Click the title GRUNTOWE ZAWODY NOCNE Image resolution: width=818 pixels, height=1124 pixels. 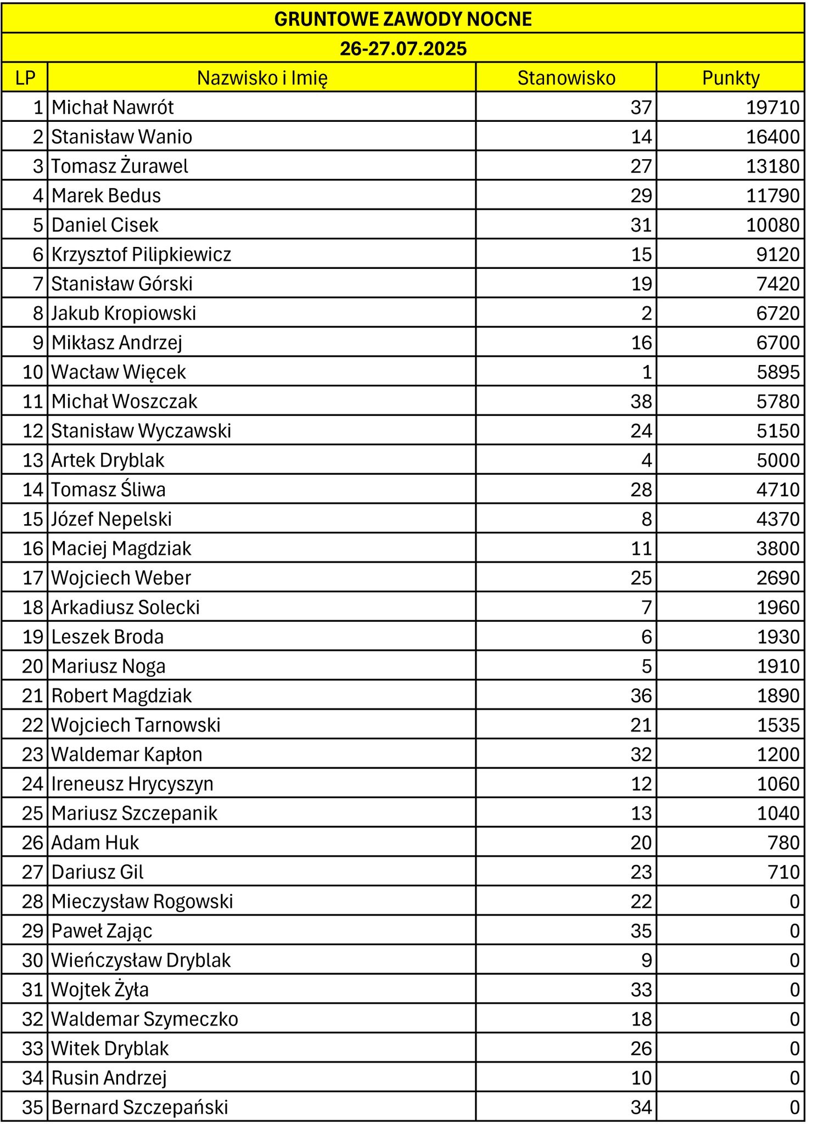(403, 19)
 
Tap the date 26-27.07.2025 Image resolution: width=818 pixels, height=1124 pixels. (403, 49)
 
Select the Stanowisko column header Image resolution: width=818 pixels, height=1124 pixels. (566, 78)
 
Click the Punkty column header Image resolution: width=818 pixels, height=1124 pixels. (730, 78)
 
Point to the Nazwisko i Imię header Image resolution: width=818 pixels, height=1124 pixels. (262, 78)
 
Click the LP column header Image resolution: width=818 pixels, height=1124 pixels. (25, 78)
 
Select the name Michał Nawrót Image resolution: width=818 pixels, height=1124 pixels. (113, 108)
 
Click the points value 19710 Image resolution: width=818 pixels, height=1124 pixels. (772, 108)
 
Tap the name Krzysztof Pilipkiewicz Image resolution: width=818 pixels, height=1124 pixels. (141, 255)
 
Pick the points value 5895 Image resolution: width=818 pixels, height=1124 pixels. (778, 372)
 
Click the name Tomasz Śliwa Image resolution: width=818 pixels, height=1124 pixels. (108, 490)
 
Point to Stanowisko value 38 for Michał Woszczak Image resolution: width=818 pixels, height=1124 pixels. (641, 402)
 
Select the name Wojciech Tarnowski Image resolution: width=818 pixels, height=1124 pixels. (136, 725)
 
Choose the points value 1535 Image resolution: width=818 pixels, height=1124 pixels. (778, 725)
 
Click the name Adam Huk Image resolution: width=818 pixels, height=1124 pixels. (95, 842)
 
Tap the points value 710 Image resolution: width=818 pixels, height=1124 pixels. (783, 872)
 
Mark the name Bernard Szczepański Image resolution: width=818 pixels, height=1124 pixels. (139, 1107)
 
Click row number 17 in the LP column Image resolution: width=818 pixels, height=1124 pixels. (32, 578)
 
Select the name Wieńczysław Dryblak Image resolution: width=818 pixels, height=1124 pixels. (141, 960)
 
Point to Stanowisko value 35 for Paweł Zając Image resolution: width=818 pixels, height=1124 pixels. (641, 931)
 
